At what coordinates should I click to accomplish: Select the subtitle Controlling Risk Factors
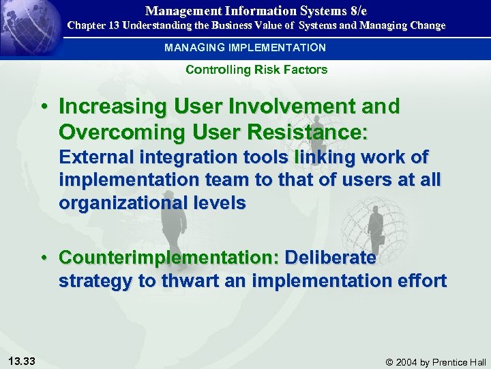coord(256,70)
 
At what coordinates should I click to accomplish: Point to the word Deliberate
coord(330,258)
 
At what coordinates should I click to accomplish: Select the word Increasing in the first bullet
coord(113,107)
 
